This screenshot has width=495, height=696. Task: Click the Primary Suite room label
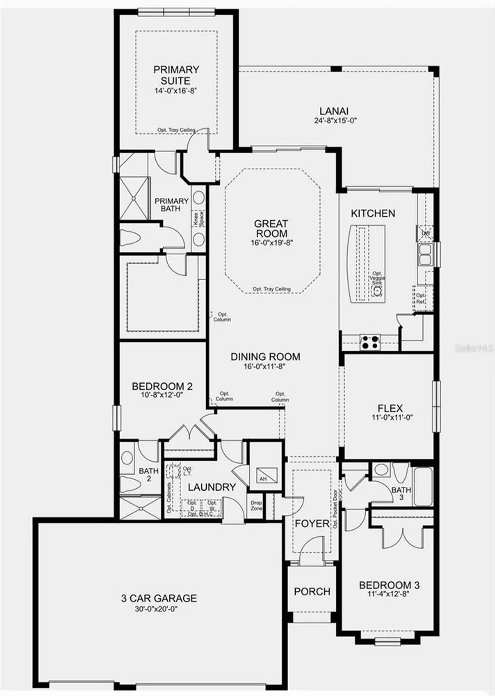click(x=176, y=75)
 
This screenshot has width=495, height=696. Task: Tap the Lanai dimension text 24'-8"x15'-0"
click(x=334, y=121)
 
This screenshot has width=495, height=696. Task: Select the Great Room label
click(x=272, y=229)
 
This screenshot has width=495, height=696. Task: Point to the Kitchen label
click(x=373, y=213)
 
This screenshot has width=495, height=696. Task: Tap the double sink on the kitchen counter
click(x=425, y=254)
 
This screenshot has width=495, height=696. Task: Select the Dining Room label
click(x=265, y=357)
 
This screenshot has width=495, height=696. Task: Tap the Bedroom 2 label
click(x=162, y=386)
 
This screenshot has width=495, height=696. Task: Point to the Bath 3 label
click(x=401, y=493)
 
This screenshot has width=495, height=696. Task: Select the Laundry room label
click(x=212, y=487)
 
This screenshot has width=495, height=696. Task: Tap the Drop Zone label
click(x=256, y=505)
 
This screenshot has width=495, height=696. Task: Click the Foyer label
click(x=312, y=524)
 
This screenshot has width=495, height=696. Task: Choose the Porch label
click(x=312, y=592)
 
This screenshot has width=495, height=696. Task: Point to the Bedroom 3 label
click(x=389, y=585)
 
